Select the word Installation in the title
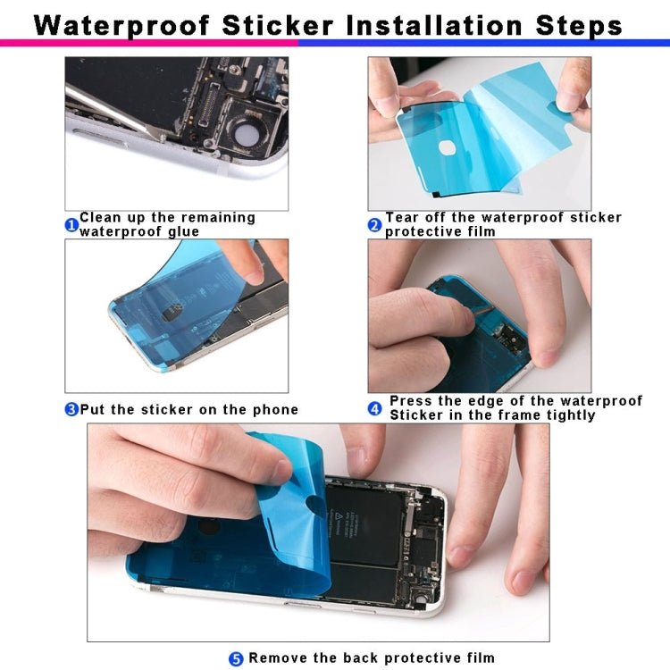pos(435,24)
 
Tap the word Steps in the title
pos(578,24)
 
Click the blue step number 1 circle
pos(71,225)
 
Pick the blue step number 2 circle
pos(375,225)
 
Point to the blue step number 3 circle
pos(71,410)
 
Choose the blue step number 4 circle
pos(375,409)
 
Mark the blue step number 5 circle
pos(236,659)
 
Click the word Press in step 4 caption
pos(412,401)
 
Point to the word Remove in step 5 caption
pos(279,658)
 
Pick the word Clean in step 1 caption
pos(101,218)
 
